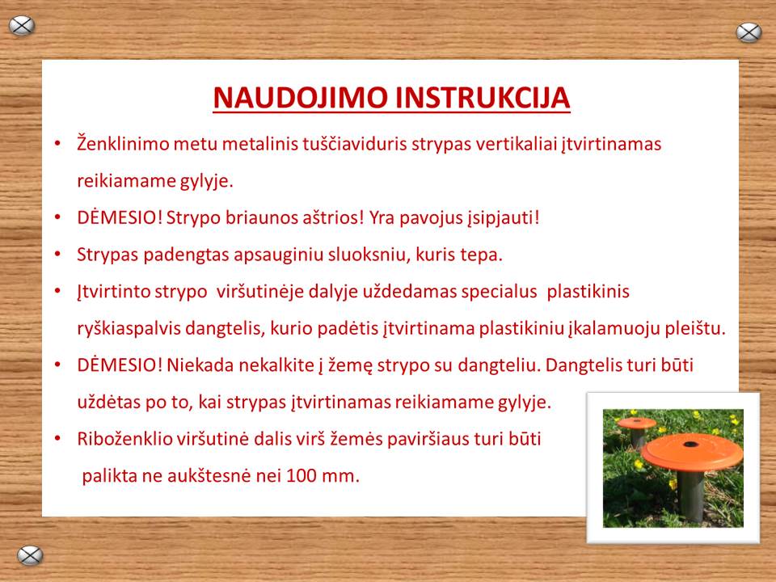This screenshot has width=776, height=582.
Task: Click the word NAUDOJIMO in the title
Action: pos(300,98)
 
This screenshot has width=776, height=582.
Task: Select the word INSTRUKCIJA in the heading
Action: pos(483,98)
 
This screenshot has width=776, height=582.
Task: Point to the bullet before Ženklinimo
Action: pos(58,144)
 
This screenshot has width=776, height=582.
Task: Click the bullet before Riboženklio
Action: pos(58,439)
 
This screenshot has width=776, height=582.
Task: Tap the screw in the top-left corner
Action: pos(22,26)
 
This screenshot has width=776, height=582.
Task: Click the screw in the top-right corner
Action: pos(749,32)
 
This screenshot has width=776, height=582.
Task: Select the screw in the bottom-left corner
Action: pos(30,555)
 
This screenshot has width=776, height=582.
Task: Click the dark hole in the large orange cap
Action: pos(691,444)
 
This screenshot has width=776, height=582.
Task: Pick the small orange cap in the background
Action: pos(637,423)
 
